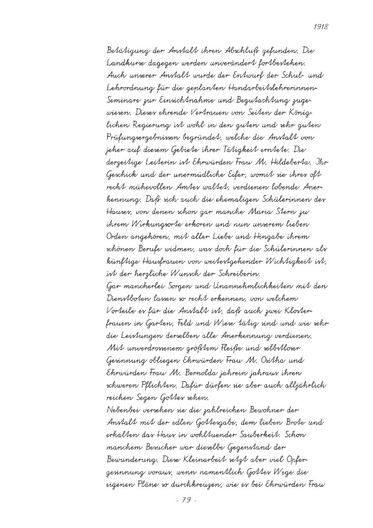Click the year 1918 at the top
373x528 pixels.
pyautogui.click(x=321, y=26)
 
